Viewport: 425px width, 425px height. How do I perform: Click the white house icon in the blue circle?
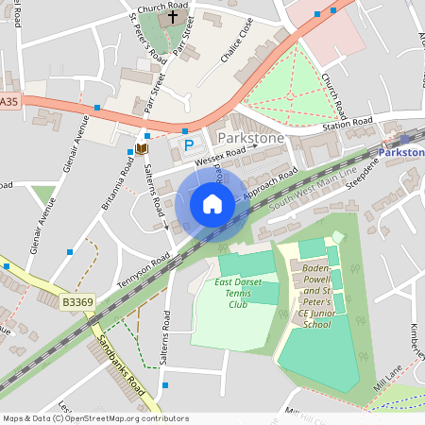pos(212,204)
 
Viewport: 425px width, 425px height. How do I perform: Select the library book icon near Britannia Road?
pos(142,148)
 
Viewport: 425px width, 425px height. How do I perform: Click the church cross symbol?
pos(172,17)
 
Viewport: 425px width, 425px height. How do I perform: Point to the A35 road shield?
pos(8,101)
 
